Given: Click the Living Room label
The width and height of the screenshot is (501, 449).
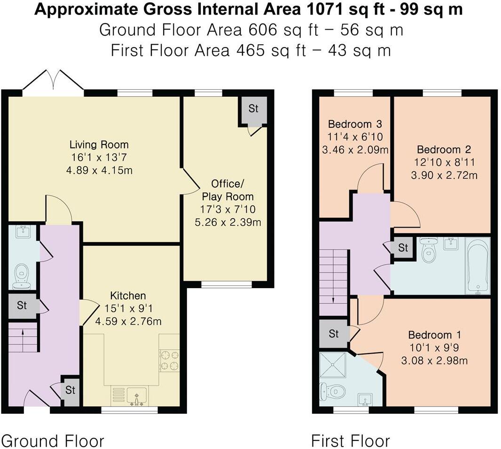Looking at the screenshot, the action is tap(99, 144).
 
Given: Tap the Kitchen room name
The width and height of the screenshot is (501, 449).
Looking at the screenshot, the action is tap(128, 296).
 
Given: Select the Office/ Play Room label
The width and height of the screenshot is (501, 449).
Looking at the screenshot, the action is tap(228, 190).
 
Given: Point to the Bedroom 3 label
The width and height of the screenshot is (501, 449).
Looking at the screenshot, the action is tap(355, 124).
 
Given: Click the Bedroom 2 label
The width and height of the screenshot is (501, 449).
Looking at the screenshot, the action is tap(444, 149).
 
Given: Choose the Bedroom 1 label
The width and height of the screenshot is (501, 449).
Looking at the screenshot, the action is tap(435, 335).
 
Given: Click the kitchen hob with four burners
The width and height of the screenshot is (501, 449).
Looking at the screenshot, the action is tap(169, 360).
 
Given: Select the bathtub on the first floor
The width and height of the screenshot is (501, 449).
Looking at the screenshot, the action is tap(478, 266).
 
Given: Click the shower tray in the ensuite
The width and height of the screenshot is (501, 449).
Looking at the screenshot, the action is tap(333, 365).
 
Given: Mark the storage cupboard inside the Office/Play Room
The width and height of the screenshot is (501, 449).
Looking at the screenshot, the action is tap(253, 111).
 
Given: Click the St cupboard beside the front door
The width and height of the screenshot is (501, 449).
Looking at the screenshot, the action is tap(70, 391).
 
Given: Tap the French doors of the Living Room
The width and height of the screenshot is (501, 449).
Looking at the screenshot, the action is tap(53, 82).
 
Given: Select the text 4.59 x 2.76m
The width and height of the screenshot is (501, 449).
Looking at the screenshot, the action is tap(128, 321).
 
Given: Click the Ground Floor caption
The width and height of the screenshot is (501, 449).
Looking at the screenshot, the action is tap(53, 441).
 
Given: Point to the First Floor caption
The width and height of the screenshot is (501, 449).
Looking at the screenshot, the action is tap(351, 441).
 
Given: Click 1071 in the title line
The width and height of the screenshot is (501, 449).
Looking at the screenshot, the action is tap(325, 9).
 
